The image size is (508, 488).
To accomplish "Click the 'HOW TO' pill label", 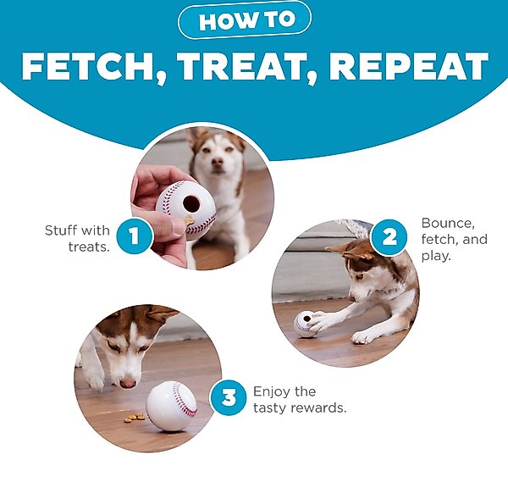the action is pos(245,20).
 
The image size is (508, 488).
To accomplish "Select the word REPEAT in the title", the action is pos(409,66).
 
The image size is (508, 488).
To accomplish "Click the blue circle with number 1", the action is pos(135,236).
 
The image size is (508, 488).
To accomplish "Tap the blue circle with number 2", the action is pos(389,237).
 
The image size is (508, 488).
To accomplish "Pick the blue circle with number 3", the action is pos(229,397).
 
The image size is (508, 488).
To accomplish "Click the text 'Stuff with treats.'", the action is pos(78,239).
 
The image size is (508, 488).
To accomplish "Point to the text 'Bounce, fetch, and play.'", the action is pos(454,239).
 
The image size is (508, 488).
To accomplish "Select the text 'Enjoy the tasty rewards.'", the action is pos(300,400).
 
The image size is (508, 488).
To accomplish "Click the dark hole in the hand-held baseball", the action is pos(191,203).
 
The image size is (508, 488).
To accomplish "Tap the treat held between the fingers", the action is pos(189,221).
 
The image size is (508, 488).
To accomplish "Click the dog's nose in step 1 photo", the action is pos(218,161).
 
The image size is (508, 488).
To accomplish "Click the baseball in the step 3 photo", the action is pos(172,407).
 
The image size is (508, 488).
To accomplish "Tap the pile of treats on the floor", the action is pos(134,418).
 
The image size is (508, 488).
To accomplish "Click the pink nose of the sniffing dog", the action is pos(128,383).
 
